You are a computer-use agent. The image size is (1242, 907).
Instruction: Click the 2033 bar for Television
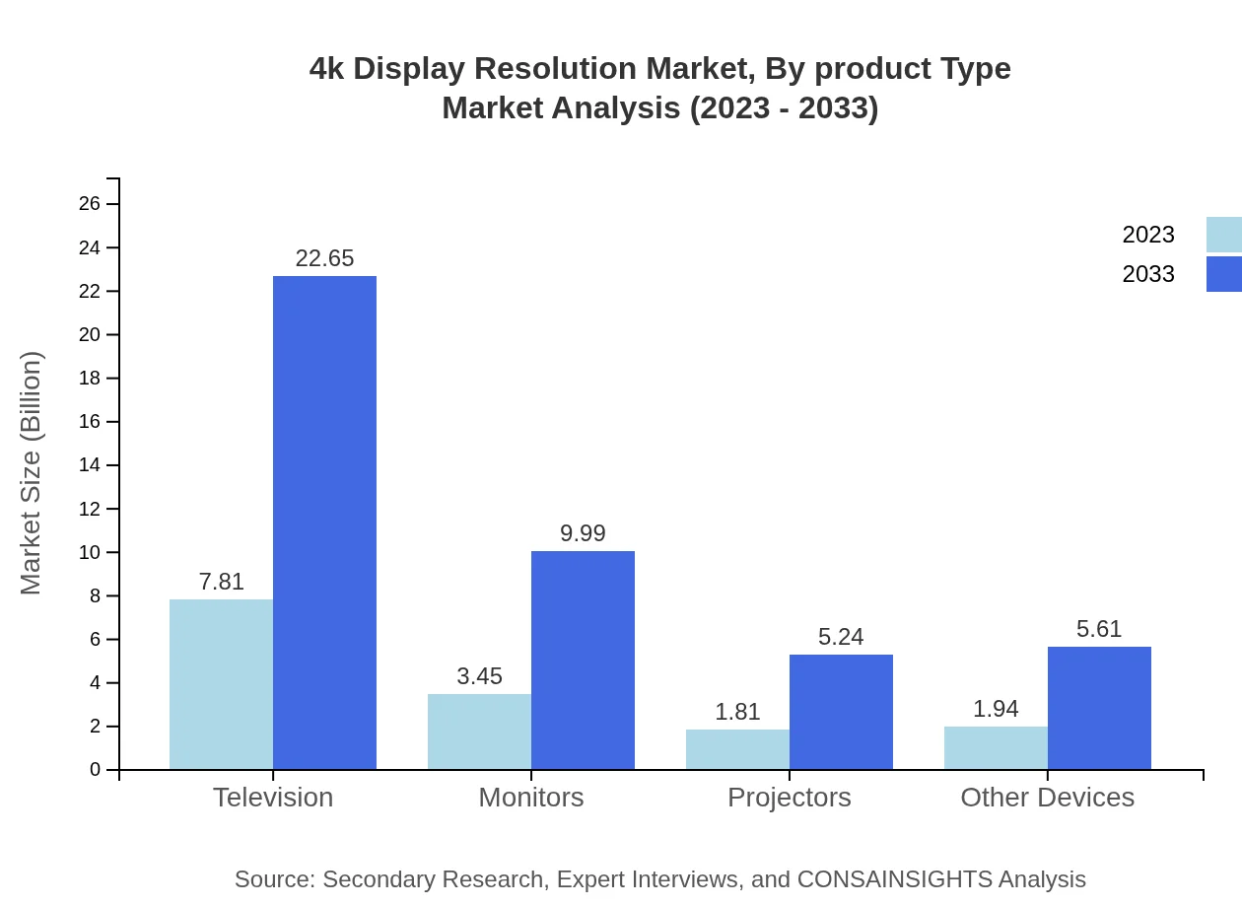click(x=324, y=523)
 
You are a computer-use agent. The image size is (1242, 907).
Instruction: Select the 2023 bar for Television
click(x=221, y=684)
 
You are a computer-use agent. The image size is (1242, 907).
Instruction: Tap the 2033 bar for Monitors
click(x=583, y=661)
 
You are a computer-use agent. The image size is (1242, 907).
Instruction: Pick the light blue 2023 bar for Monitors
click(x=479, y=732)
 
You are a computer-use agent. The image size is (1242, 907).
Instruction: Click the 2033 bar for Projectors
click(x=841, y=712)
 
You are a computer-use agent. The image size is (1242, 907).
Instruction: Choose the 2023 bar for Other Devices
click(x=996, y=748)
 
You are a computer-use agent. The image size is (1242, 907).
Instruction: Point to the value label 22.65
click(x=324, y=258)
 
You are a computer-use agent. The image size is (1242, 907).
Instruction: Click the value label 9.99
click(x=583, y=533)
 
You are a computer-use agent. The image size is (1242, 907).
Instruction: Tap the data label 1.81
click(x=737, y=712)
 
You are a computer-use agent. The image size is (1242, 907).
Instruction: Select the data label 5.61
click(x=1099, y=629)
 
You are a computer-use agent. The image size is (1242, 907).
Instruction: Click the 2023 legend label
click(x=1148, y=235)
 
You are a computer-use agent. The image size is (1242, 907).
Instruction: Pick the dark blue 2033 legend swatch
click(x=1223, y=274)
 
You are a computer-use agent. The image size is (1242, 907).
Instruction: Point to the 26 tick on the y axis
click(x=90, y=204)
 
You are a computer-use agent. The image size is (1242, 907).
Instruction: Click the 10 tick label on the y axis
click(x=90, y=552)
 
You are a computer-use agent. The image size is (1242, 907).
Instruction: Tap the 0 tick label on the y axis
click(x=96, y=770)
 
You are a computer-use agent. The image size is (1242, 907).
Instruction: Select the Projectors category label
click(x=789, y=798)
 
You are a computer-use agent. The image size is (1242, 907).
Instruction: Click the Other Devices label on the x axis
click(x=1047, y=798)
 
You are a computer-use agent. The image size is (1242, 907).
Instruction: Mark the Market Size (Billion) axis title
click(x=31, y=473)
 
